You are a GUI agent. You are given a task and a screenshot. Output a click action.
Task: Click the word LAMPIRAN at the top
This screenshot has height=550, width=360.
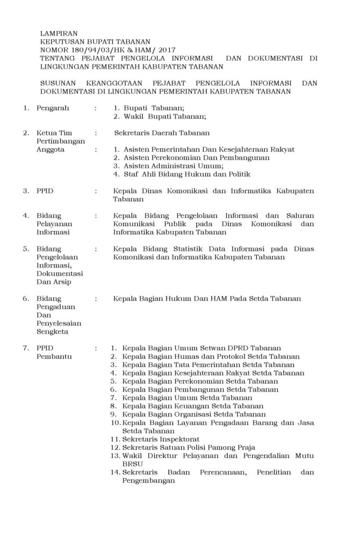57,33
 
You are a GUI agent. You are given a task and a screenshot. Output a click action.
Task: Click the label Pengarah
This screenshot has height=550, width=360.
53,108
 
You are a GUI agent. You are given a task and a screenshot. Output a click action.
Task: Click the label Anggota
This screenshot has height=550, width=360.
51,149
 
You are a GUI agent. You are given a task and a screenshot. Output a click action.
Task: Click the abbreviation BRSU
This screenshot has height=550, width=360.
132,464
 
